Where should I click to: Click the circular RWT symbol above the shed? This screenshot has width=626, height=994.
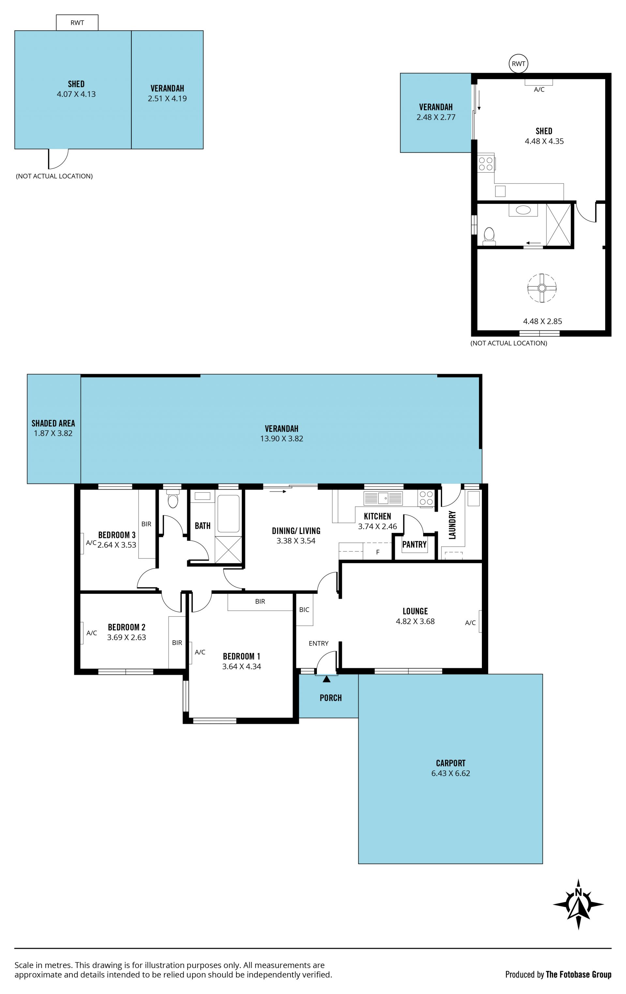point(518,64)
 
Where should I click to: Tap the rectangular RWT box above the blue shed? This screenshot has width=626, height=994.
point(77,23)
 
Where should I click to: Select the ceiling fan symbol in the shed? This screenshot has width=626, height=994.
point(542,288)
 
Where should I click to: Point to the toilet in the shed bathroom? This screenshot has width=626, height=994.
point(489,237)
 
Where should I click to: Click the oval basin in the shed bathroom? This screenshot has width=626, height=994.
point(523,210)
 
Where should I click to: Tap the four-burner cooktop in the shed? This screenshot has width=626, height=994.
point(486,163)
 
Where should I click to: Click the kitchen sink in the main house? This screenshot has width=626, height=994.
point(383,498)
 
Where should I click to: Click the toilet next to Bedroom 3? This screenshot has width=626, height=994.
point(173,499)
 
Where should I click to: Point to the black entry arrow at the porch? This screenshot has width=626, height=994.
point(326,679)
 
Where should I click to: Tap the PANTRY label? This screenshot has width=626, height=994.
point(414,544)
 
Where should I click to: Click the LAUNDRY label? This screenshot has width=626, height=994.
point(452,525)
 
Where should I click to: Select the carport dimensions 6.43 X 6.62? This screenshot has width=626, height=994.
point(451,773)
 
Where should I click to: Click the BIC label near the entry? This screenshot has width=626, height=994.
point(304,610)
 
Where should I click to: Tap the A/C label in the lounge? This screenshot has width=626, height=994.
point(470,623)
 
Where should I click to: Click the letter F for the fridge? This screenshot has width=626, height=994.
point(378,552)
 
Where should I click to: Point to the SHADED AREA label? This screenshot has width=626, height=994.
point(53,423)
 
